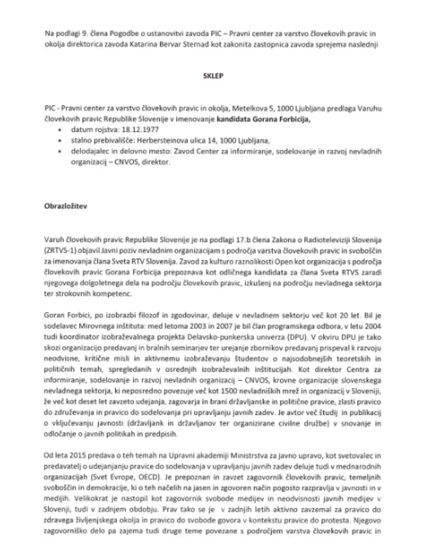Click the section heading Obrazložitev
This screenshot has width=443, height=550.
coord(64,205)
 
